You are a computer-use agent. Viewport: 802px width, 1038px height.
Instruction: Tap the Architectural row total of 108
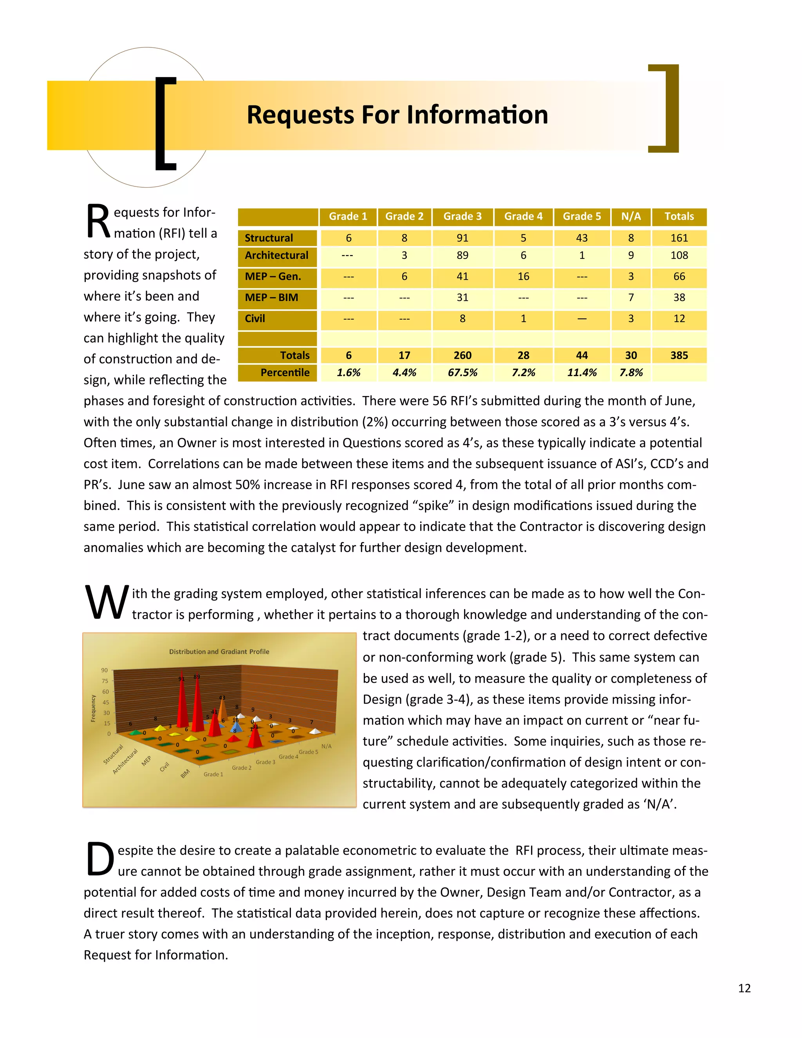pyautogui.click(x=679, y=256)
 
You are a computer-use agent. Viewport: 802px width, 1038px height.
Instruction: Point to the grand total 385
pyautogui.click(x=679, y=356)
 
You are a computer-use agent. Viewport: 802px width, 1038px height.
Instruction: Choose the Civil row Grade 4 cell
pyautogui.click(x=523, y=319)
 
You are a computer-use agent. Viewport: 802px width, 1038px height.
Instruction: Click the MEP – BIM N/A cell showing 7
pyautogui.click(x=630, y=298)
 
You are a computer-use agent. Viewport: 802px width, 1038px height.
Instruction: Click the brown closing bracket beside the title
pyautogui.click(x=668, y=109)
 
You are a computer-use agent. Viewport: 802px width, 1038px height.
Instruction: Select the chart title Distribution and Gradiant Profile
pyautogui.click(x=219, y=652)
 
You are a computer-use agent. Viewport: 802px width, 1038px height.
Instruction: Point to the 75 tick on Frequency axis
pyautogui.click(x=105, y=681)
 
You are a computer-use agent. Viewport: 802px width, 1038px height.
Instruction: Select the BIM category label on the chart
pyautogui.click(x=185, y=773)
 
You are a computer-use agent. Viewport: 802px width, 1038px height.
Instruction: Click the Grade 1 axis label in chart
pyautogui.click(x=213, y=774)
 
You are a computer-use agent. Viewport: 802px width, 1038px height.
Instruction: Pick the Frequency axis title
pyautogui.click(x=93, y=708)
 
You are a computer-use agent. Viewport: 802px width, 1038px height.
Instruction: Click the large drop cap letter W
pyautogui.click(x=107, y=603)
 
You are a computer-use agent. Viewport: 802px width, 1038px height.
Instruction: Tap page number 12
pyautogui.click(x=744, y=988)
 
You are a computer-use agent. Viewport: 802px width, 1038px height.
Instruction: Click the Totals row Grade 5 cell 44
pyautogui.click(x=582, y=356)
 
